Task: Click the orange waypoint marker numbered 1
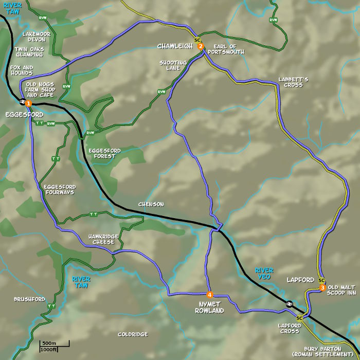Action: tap(28, 103)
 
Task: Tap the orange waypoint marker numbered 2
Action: tap(201, 47)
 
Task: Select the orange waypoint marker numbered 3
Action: tap(322, 287)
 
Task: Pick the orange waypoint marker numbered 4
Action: tap(210, 295)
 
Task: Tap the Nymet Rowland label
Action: tap(210, 308)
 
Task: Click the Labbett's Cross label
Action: tap(293, 82)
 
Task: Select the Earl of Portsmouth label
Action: tap(226, 49)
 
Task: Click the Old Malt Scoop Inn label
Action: tap(342, 290)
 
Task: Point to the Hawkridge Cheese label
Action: tap(103, 239)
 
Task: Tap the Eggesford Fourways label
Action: tap(59, 189)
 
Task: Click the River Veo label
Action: tap(265, 273)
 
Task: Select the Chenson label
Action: tap(151, 204)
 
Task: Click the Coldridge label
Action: tap(132, 334)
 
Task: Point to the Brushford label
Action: tap(29, 299)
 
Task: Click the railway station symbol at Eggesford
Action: tap(22, 102)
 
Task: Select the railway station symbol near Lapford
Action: tap(290, 303)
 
